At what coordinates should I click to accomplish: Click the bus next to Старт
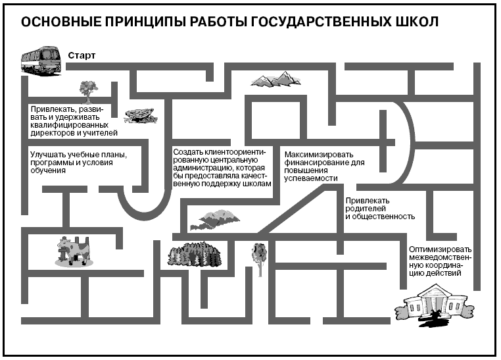click(41, 61)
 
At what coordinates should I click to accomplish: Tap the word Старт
click(82, 55)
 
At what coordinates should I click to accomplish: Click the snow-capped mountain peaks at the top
click(275, 79)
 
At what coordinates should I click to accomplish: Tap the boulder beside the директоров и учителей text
click(141, 115)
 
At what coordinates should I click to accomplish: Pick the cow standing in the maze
click(74, 251)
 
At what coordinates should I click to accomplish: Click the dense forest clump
click(195, 254)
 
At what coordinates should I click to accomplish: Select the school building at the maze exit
click(434, 306)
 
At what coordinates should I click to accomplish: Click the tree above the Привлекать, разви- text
click(88, 91)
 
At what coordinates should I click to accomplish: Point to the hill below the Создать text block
click(214, 220)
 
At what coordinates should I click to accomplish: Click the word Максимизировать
click(319, 155)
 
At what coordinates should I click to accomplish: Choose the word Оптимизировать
click(440, 249)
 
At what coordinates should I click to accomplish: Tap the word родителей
click(366, 209)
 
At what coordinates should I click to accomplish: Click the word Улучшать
click(45, 155)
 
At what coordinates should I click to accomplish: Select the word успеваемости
click(311, 178)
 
